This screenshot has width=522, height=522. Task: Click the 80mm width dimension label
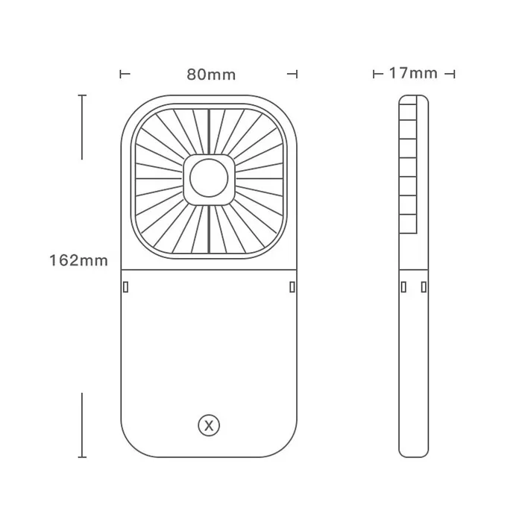pyautogui.click(x=211, y=75)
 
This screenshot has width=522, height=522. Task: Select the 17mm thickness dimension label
pyautogui.click(x=413, y=73)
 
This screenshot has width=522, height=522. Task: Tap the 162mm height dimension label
pyautogui.click(x=78, y=260)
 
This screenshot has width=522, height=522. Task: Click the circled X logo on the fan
pyautogui.click(x=209, y=425)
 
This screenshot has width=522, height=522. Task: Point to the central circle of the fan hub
pyautogui.click(x=209, y=178)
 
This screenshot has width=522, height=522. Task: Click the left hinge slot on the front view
pyautogui.click(x=125, y=287)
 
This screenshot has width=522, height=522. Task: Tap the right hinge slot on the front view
pyautogui.click(x=292, y=287)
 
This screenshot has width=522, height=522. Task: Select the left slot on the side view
pyautogui.click(x=403, y=287)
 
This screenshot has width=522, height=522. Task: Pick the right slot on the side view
pyautogui.click(x=424, y=287)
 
